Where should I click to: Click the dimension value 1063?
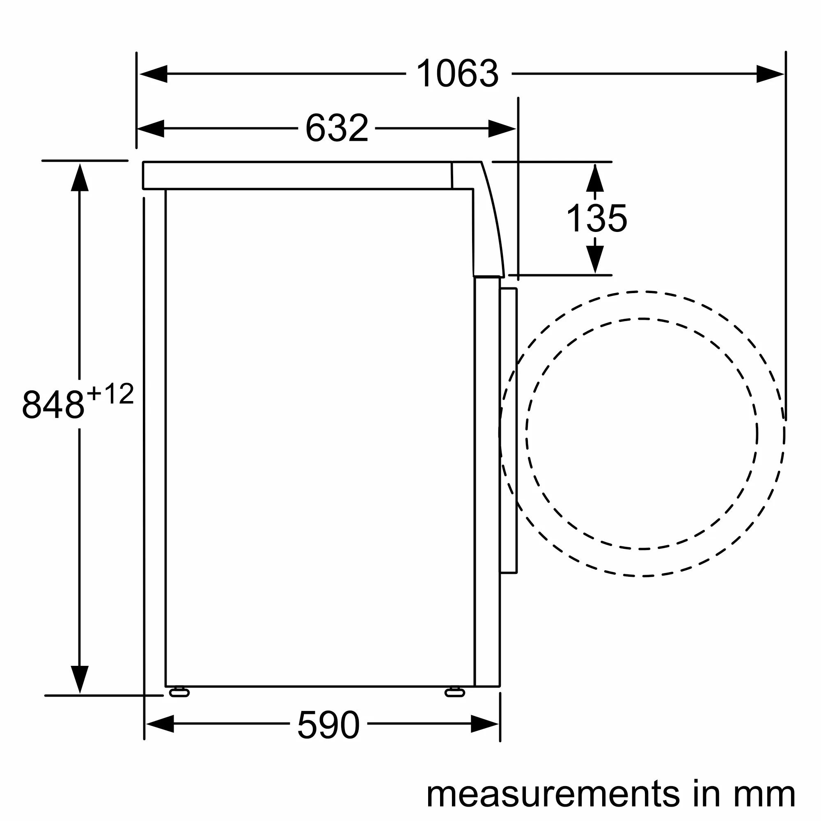click(458, 74)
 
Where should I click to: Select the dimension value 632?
click(337, 128)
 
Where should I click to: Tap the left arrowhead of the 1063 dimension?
click(153, 74)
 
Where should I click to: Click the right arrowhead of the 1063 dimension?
click(770, 74)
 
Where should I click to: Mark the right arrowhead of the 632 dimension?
click(502, 128)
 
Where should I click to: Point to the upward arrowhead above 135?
click(595, 179)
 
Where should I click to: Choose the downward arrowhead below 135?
click(595, 259)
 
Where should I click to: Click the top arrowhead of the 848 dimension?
click(80, 178)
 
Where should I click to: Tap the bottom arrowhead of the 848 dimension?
click(80, 679)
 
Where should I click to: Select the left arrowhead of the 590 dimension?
click(160, 724)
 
